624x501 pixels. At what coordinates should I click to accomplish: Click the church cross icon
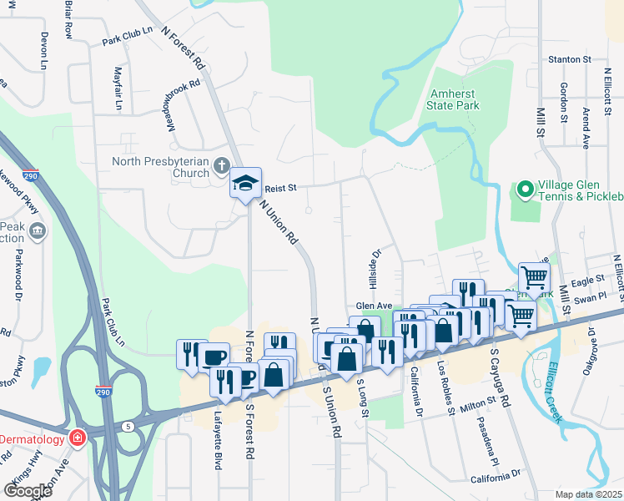(x=221, y=164)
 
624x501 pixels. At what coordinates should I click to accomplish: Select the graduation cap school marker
(x=245, y=183)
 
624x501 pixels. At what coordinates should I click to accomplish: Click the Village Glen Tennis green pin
(x=525, y=190)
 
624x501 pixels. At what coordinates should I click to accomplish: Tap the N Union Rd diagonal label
(x=279, y=221)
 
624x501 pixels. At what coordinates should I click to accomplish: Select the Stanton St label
(x=569, y=59)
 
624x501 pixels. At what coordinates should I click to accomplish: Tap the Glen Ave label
(x=374, y=306)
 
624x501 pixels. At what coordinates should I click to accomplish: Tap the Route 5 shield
(x=128, y=426)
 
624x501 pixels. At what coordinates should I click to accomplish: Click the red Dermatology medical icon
(x=78, y=438)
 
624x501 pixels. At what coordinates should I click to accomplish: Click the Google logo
(x=27, y=490)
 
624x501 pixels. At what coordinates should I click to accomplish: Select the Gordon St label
(x=564, y=103)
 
